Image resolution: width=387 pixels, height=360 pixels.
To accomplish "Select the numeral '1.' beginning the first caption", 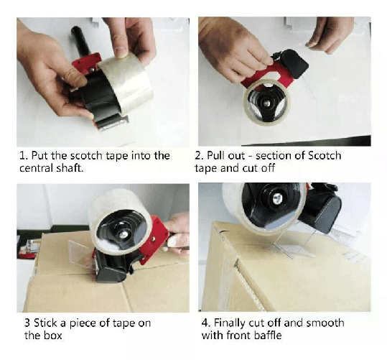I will [22, 155].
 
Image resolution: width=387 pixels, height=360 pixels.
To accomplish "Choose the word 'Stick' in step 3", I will [46, 323].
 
